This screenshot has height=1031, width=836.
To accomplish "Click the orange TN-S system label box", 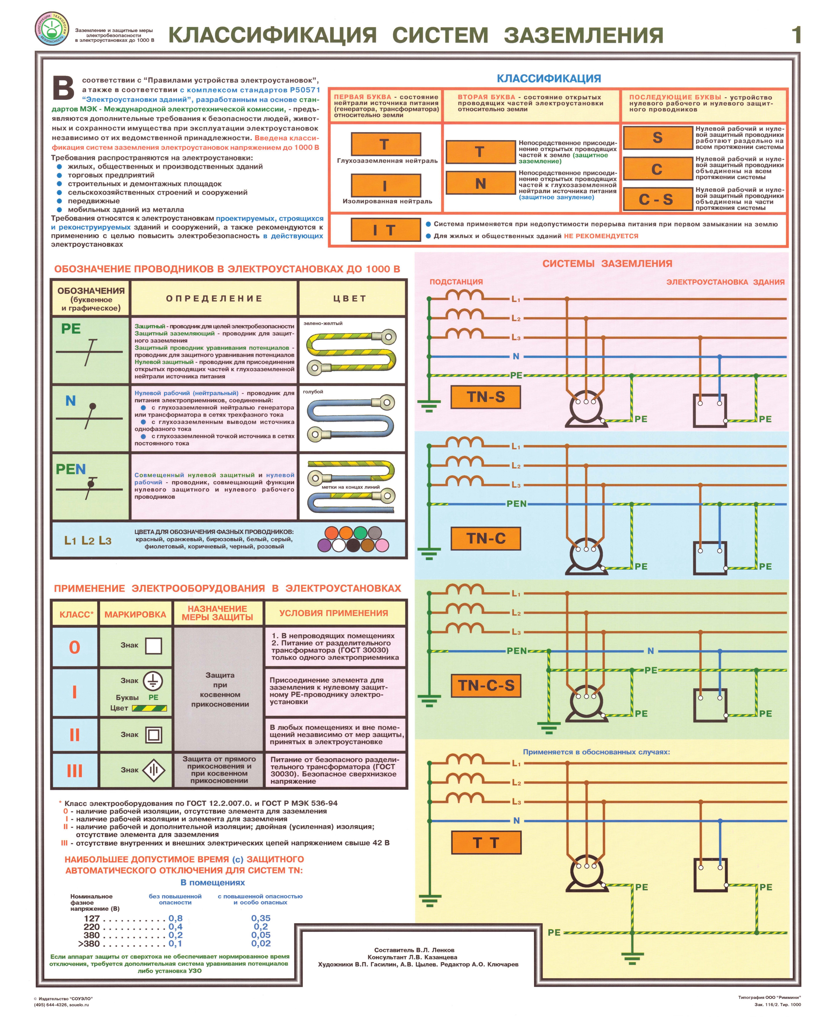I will pos(485,397).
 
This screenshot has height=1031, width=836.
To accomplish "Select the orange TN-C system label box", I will pos(485,538).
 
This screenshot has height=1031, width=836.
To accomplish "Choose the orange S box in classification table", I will pos(657,138).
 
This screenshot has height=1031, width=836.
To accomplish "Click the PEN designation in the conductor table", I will pos(71,469).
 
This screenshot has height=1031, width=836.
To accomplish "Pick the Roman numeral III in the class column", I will pos(75,771).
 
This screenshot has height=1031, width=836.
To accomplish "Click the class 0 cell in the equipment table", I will pos(75,647).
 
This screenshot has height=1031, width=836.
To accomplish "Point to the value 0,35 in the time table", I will pos(261,918).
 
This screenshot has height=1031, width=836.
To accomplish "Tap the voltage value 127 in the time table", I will pos(91,918).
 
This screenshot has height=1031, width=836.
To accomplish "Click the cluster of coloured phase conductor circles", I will pos(353,539).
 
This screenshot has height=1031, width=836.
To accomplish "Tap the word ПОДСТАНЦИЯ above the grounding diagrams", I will pos(456,282).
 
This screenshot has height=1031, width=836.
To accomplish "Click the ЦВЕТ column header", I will pos(350,298).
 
